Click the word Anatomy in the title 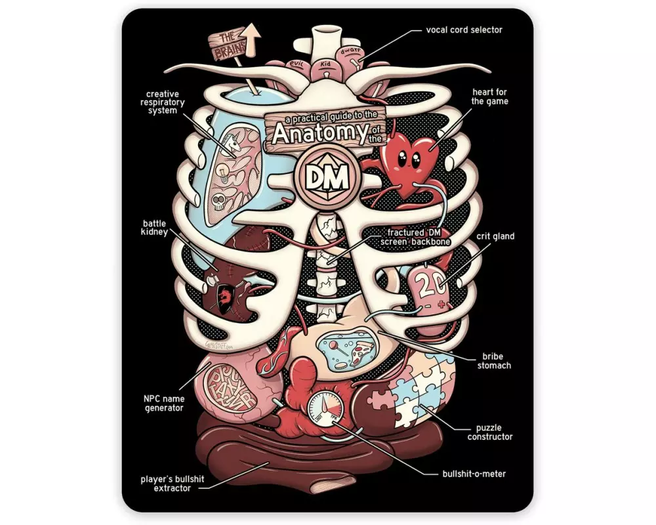(x=312, y=132)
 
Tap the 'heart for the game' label (x=489, y=96)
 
